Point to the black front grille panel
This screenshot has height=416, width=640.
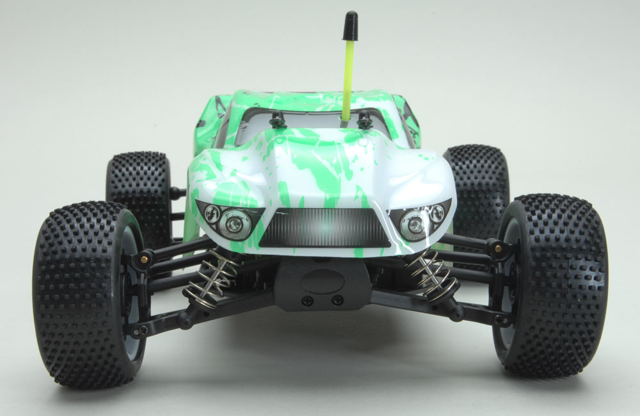326,229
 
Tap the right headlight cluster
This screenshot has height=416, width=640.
419,217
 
